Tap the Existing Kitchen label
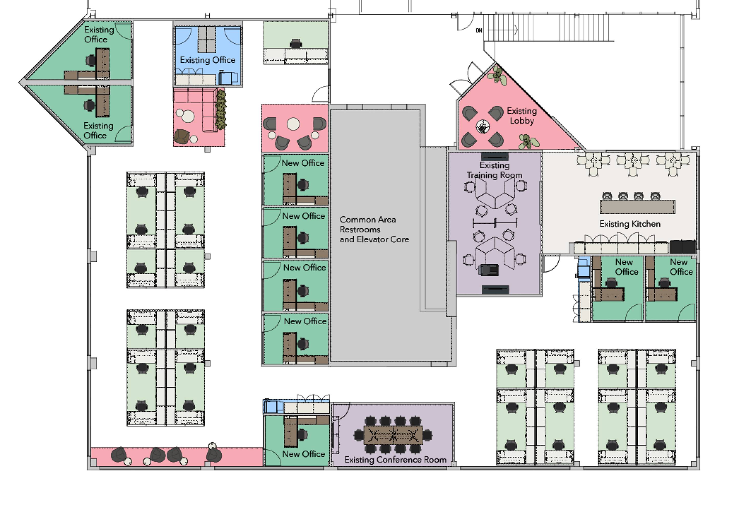630,224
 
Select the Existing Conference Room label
395,460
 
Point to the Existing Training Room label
494,170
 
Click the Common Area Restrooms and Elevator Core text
374,229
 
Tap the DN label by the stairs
479,30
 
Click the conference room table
393,435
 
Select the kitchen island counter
637,207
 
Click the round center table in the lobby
482,127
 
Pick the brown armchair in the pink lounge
182,137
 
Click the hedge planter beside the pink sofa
221,109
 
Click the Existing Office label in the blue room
207,60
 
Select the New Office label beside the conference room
303,454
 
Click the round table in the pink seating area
293,124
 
